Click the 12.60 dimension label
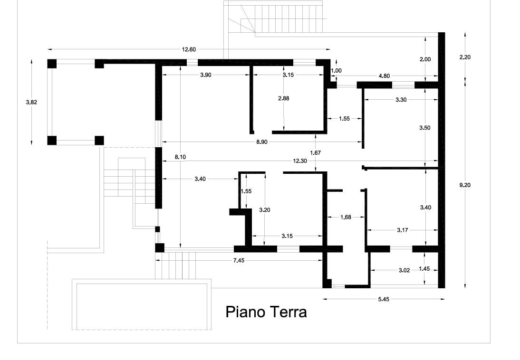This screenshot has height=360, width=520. (x=189, y=49)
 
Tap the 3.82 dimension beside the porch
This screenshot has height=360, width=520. (x=31, y=102)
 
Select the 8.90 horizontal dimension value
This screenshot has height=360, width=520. (x=261, y=142)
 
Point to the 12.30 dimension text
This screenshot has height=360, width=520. (x=300, y=161)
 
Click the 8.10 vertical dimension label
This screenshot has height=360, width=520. (x=180, y=157)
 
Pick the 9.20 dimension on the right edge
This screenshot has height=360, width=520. (x=465, y=185)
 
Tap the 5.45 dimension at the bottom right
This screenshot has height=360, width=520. (x=384, y=299)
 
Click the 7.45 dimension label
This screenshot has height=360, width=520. (x=239, y=260)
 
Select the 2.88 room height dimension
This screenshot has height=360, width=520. (x=284, y=98)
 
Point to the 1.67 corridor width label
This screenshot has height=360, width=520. (x=316, y=152)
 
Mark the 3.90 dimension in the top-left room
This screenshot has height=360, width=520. (x=206, y=75)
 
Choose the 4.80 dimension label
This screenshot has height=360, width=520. (x=385, y=76)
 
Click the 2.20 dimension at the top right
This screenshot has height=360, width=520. (x=465, y=57)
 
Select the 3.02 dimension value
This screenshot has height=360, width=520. (x=404, y=270)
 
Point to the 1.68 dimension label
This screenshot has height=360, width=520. (x=346, y=217)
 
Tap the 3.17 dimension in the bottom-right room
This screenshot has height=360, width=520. (x=403, y=230)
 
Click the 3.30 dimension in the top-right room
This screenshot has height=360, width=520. (x=401, y=99)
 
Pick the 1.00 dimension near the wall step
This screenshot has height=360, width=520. (x=336, y=70)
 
